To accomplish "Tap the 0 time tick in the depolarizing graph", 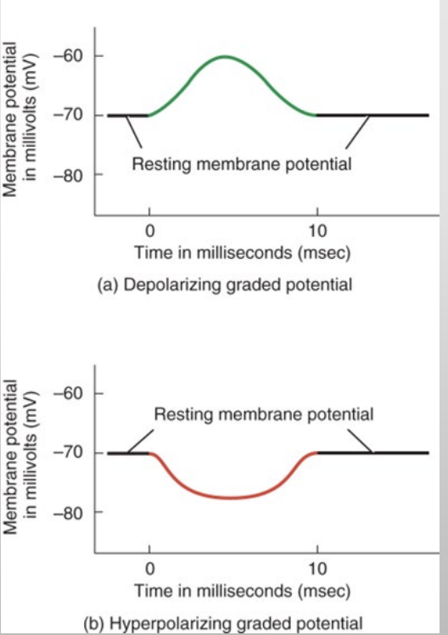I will pyautogui.click(x=149, y=230).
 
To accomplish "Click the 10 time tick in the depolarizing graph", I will pyautogui.click(x=316, y=230).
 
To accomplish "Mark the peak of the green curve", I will pyautogui.click(x=225, y=57).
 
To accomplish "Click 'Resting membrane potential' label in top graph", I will pyautogui.click(x=241, y=163).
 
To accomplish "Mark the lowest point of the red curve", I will pyautogui.click(x=231, y=497).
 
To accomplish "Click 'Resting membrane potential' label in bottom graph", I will pyautogui.click(x=263, y=415).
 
